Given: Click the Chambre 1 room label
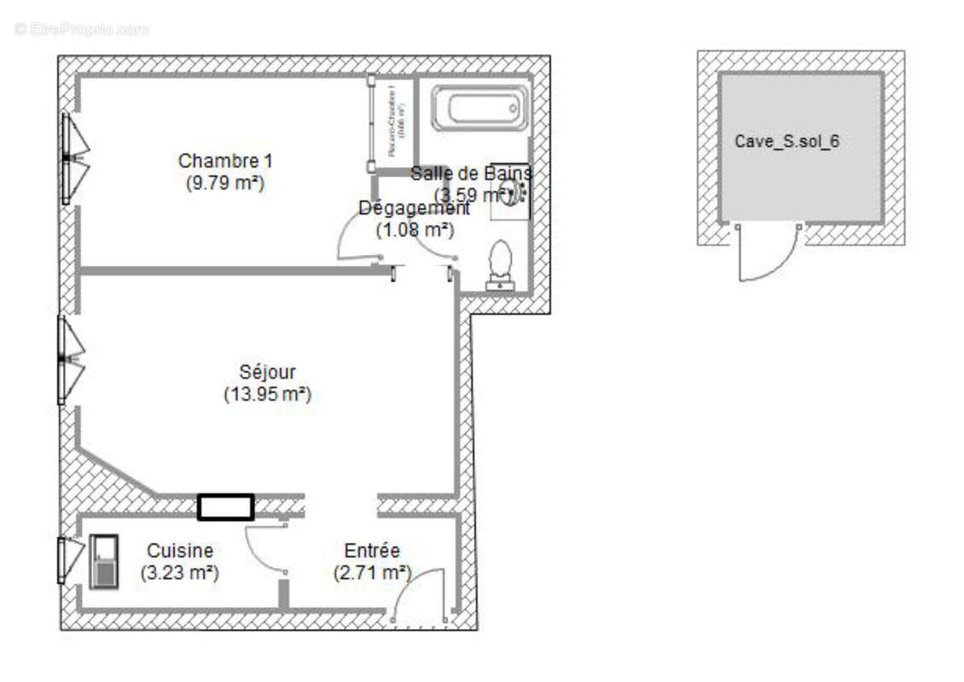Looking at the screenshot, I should pos(225,160).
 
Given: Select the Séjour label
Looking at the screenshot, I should pos(267,373).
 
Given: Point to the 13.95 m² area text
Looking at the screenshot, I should pos(267,395).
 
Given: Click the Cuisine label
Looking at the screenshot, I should pos(179,551).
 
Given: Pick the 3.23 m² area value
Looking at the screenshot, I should pos(179,573).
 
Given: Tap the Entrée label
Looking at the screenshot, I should pos(372,551).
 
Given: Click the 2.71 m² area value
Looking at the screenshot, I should pos(372,573).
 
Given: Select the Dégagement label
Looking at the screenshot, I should pos(414,208).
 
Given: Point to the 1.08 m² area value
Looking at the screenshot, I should pos(415,229).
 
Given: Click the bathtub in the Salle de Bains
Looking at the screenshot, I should pos(479,108).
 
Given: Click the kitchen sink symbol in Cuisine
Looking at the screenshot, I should pos(103,562).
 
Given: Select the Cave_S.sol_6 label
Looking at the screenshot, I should pos(787,142).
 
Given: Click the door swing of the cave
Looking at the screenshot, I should pos(768,256).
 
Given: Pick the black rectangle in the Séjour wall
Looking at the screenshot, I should pos(225,507).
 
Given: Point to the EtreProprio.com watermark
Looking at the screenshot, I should pos(81,29).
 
